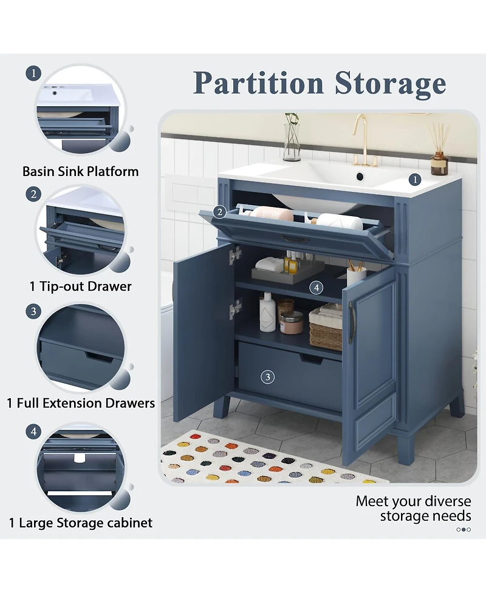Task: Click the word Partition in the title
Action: tap(258, 83)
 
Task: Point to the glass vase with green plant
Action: tap(292, 137)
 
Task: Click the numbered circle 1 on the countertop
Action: tap(415, 179)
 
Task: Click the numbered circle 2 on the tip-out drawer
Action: tap(220, 212)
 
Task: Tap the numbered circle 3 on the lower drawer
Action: tap(267, 377)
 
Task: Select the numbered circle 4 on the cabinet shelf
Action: tap(316, 288)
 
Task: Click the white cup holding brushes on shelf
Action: tap(356, 276)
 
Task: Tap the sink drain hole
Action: tap(360, 176)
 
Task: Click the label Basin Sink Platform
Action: tap(81, 171)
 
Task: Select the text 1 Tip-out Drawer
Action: tap(81, 286)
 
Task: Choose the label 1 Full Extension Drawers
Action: tap(81, 403)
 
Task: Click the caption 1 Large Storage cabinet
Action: tap(81, 523)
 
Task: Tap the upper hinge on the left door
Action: tap(235, 253)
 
